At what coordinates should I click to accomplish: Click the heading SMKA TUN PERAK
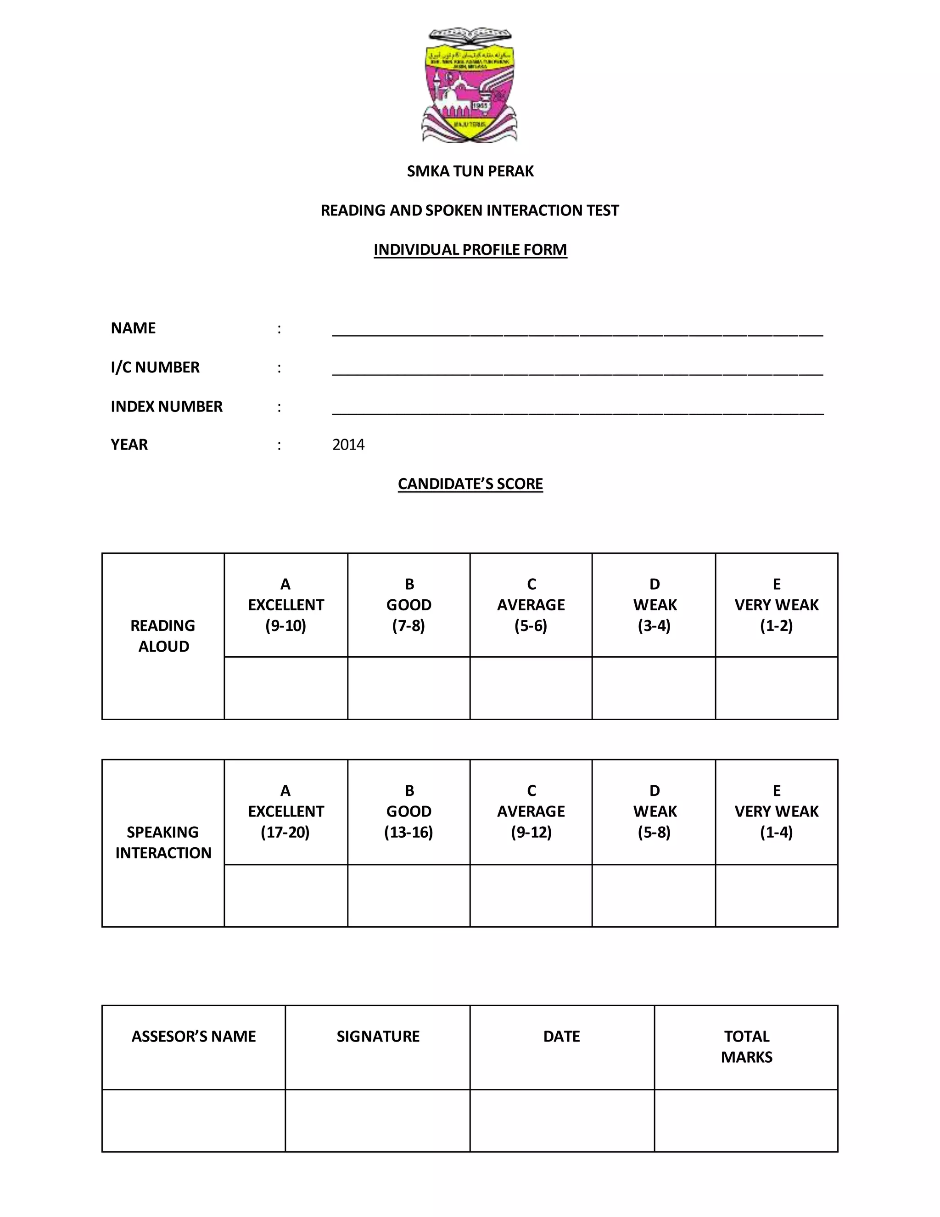pyautogui.click(x=470, y=171)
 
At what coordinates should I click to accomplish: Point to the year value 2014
pyautogui.click(x=348, y=445)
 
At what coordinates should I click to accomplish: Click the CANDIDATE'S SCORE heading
pyautogui.click(x=470, y=484)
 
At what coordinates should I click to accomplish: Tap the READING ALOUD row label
pyautogui.click(x=162, y=636)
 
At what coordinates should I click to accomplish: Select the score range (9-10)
pyautogui.click(x=285, y=626)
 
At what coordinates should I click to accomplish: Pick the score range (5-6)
pyautogui.click(x=531, y=626)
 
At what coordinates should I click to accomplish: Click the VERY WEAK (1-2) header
pyautogui.click(x=776, y=605)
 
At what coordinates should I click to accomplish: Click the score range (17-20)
pyautogui.click(x=285, y=832)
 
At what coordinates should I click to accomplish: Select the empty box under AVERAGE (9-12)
pyautogui.click(x=531, y=896)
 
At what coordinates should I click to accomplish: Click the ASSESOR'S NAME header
pyautogui.click(x=193, y=1037)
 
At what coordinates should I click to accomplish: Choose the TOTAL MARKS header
pyautogui.click(x=746, y=1047)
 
